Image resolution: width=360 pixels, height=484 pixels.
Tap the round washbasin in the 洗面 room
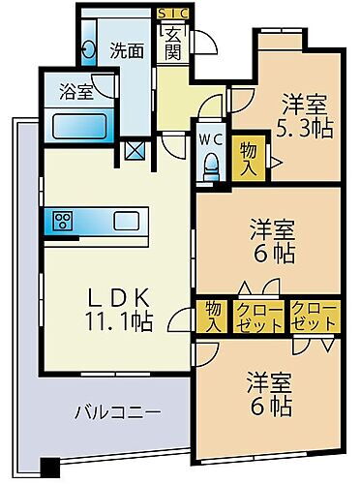88,50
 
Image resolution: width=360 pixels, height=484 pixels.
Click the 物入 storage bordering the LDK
211,315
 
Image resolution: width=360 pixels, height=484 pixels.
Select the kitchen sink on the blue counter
128,220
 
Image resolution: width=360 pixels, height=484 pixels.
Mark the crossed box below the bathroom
135,151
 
